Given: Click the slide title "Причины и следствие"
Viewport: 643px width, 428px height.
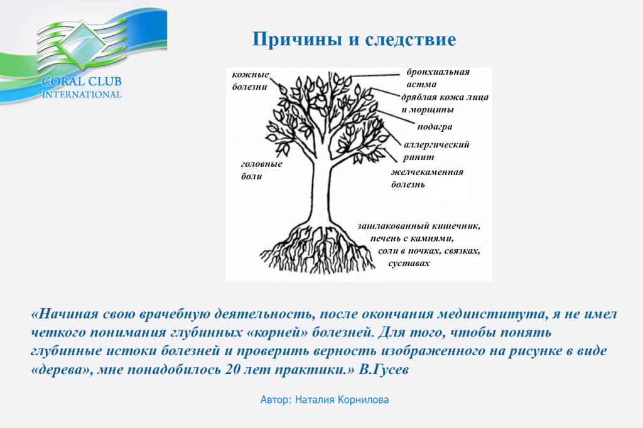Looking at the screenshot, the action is point(354,40).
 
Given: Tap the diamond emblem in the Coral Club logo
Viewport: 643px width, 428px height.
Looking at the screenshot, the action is point(82,45).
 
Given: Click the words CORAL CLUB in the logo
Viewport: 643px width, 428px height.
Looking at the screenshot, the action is point(82,81).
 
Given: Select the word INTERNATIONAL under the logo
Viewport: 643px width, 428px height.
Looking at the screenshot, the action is point(82,95).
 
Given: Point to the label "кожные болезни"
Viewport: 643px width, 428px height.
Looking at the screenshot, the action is point(250,80).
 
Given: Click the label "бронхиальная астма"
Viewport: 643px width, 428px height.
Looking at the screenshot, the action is point(438,78).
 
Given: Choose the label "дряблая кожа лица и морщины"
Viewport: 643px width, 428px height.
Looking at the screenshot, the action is point(445,104).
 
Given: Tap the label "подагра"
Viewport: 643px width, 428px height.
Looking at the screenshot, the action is point(435,127).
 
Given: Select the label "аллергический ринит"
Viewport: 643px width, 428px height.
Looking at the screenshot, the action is point(436,151).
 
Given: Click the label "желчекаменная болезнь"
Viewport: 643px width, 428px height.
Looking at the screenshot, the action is point(427,178).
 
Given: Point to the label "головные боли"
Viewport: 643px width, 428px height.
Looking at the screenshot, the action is point(261,169).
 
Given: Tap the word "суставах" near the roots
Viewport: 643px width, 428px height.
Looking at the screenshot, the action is point(409,263).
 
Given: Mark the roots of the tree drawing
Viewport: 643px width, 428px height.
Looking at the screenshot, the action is point(318,248).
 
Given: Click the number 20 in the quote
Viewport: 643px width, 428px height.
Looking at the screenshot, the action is point(232,370).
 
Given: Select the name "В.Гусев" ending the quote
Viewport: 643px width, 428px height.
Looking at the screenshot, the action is point(384,370).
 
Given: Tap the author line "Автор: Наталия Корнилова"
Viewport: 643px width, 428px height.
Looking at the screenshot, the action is point(325,400).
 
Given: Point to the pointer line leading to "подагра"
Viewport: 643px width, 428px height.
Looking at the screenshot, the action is point(396,117).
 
